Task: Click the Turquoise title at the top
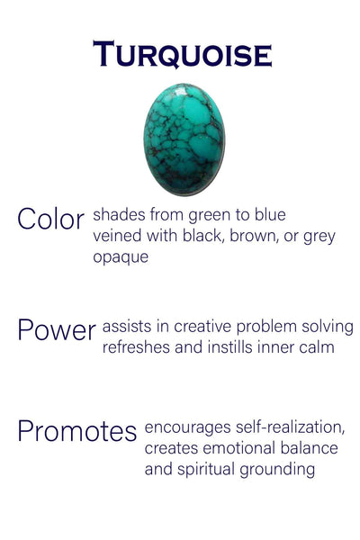183,55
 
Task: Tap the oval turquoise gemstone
184,139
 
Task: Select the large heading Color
50,219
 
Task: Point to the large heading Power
56,329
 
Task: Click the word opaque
121,256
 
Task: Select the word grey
317,237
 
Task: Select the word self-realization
285,427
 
